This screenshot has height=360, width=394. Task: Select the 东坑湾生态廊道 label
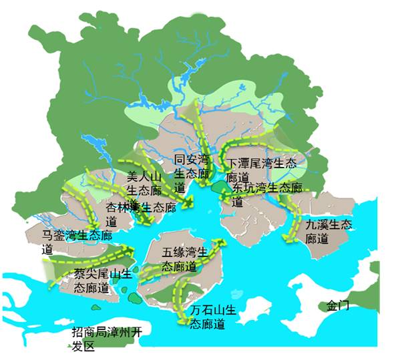click(x=267, y=194)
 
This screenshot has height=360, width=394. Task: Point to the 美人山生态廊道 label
click(x=144, y=188)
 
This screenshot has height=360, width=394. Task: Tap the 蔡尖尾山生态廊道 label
click(x=100, y=281)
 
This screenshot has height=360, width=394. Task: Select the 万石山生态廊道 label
click(x=213, y=317)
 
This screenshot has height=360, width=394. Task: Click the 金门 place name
click(x=338, y=305)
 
